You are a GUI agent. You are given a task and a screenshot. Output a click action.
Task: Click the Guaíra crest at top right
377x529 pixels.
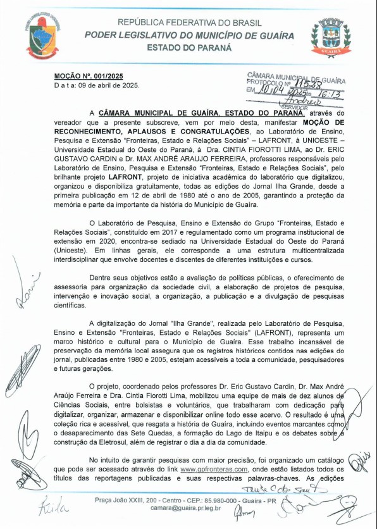point(331,37)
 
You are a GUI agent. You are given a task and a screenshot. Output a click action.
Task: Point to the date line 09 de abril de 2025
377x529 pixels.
point(97,85)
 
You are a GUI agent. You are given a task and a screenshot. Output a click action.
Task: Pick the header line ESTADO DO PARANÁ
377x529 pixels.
point(188,47)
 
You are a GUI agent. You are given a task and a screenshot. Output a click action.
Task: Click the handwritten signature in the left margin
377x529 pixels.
point(27,284)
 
